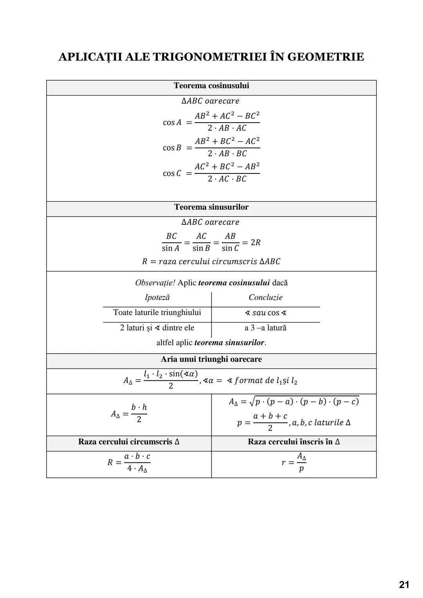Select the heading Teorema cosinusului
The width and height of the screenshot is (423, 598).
click(x=211, y=86)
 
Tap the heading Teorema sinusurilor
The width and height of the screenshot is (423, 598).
click(x=211, y=207)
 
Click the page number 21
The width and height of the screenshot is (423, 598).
click(x=404, y=585)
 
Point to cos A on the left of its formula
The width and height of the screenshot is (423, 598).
click(x=172, y=123)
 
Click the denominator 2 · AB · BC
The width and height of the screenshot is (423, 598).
click(x=227, y=154)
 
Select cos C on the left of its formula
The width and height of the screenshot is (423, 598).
click(x=172, y=173)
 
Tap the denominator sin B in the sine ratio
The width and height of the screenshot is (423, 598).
click(x=201, y=248)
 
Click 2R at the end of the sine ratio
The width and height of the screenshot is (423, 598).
click(x=255, y=242)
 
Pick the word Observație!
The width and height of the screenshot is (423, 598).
click(x=155, y=283)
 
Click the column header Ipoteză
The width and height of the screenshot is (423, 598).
click(x=157, y=298)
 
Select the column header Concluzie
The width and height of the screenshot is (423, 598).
click(x=266, y=298)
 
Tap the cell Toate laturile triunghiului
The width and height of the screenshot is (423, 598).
click(x=157, y=313)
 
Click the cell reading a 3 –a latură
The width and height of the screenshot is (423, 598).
click(x=266, y=328)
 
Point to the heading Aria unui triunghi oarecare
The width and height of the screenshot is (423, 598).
click(x=211, y=360)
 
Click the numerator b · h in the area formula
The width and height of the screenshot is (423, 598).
click(x=139, y=407)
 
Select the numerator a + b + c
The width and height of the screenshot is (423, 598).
click(x=270, y=416)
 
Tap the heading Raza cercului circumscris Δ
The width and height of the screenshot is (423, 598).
click(x=129, y=442)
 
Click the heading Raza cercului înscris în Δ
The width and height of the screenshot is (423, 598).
click(x=294, y=442)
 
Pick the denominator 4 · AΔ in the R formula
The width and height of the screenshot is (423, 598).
click(x=137, y=469)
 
